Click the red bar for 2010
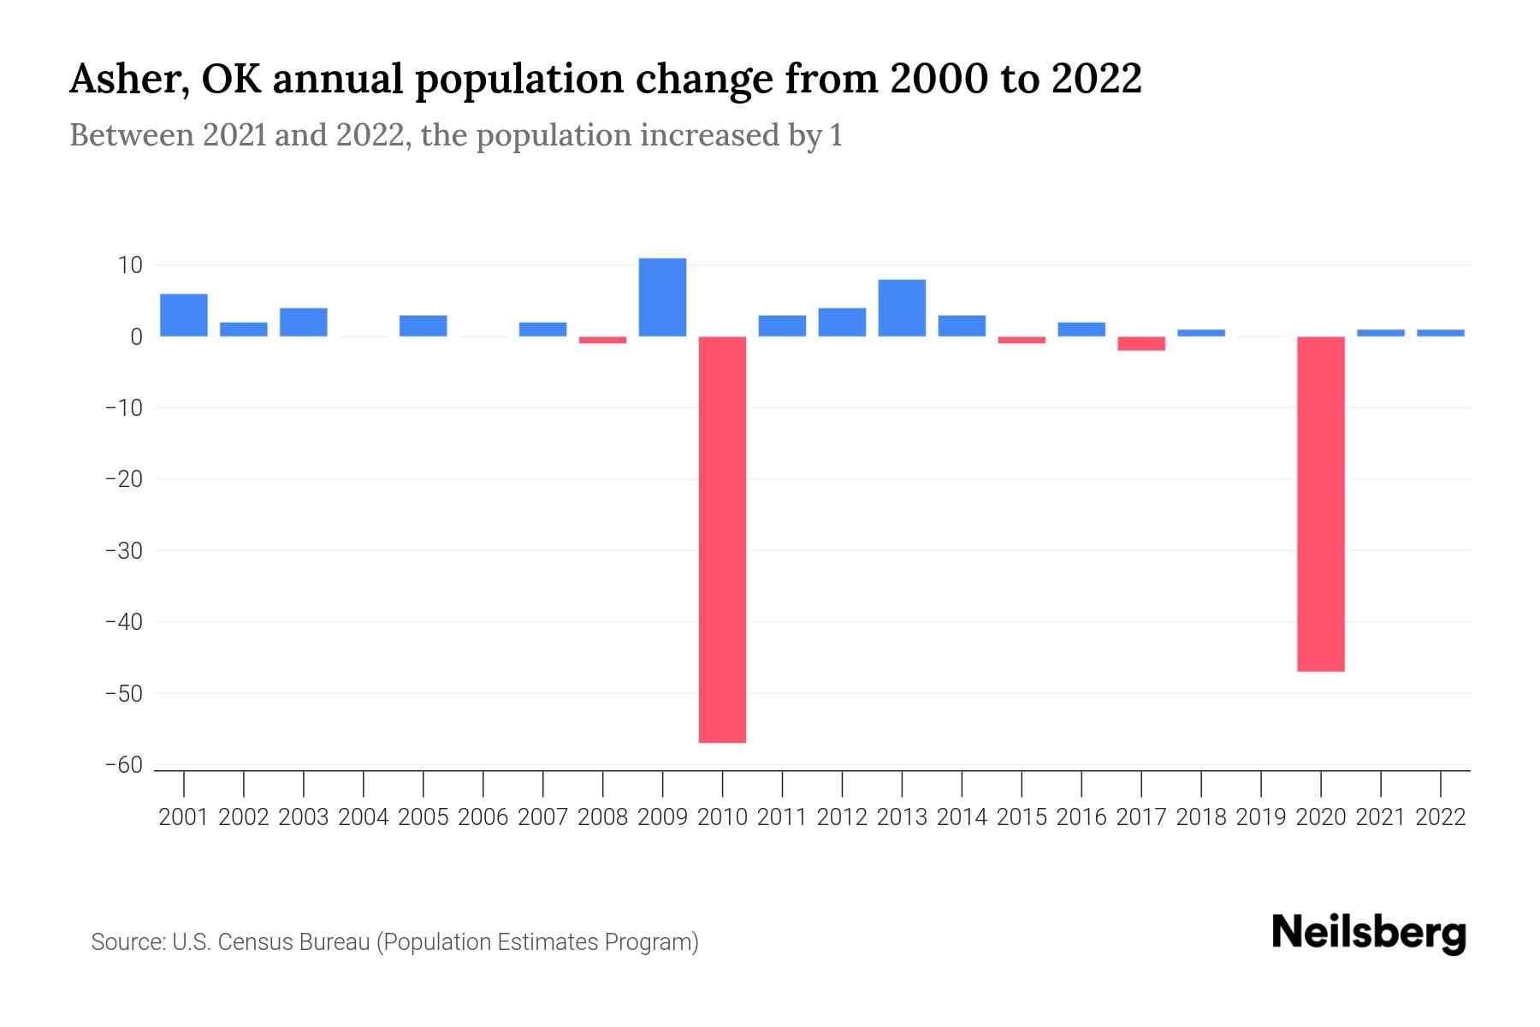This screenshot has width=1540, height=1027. tap(722, 539)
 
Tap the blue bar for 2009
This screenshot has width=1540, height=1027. tap(662, 297)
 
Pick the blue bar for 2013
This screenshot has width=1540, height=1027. tap(902, 308)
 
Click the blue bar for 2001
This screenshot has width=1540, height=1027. tap(184, 315)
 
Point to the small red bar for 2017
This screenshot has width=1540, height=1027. tap(1141, 343)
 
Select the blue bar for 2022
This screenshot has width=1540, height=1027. tap(1440, 333)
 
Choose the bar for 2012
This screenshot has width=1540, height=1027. tap(842, 322)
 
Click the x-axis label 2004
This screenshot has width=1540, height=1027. tap(364, 817)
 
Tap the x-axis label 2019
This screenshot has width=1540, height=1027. tap(1261, 817)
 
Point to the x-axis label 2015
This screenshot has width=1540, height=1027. tap(1022, 817)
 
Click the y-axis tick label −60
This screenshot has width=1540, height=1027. tap(123, 765)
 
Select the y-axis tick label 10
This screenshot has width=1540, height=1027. tap(130, 265)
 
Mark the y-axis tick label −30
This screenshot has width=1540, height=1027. tap(123, 551)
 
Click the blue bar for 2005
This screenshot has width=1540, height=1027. tap(423, 326)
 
